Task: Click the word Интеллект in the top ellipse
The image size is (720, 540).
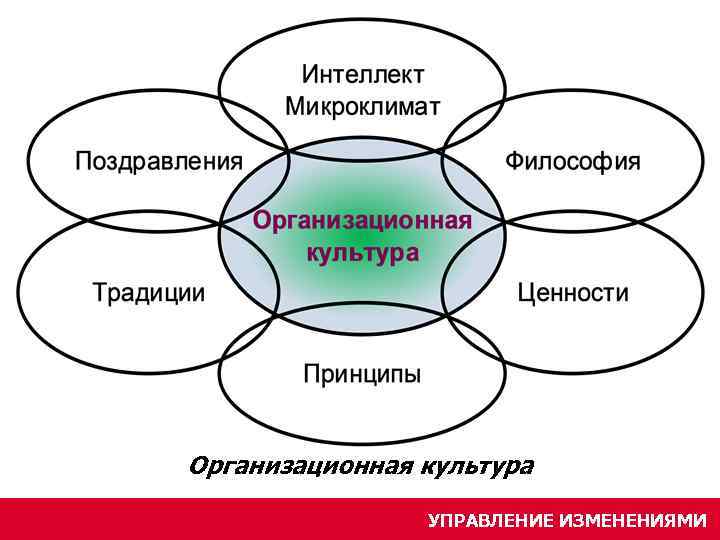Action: [362, 75]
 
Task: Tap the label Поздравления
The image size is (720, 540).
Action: [159, 161]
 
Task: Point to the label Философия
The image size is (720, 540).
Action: [572, 161]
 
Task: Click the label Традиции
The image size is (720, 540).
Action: [149, 293]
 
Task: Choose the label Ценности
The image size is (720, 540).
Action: [573, 293]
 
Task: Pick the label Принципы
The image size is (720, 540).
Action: [362, 374]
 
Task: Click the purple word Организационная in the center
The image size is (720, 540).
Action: [362, 220]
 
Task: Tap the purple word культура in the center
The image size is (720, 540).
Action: [362, 252]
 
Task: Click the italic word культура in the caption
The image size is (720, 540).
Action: [477, 466]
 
